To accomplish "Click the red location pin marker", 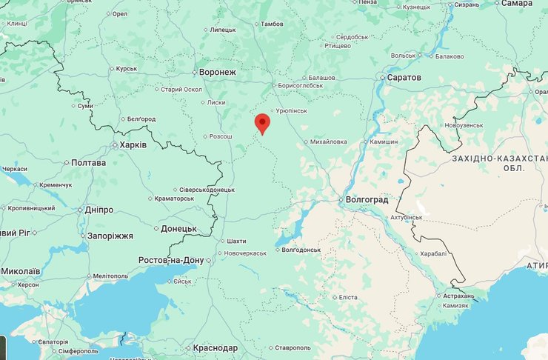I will coord(262,123).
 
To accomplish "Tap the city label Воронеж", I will coord(218,73).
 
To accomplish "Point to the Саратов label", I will coord(404,78).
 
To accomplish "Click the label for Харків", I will coord(133,144).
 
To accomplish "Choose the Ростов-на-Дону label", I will coord(170,260).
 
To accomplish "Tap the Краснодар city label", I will coord(215,348).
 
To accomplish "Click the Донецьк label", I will coord(178,229).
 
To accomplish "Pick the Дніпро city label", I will coord(99,210).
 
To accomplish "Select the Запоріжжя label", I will coord(108,236).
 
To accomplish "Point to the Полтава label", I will coord(88,162).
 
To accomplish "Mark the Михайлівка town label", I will coord(329,141).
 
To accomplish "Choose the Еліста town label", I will coord(347,297).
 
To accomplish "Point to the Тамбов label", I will coord(271,24).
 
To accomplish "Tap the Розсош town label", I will coord(221,136).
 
